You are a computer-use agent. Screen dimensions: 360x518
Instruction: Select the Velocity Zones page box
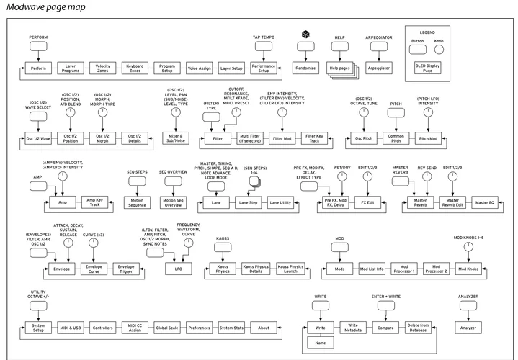click(103, 68)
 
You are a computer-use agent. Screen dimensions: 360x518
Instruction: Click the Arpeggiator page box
click(378, 68)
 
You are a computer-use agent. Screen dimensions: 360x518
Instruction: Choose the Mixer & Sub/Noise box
click(172, 137)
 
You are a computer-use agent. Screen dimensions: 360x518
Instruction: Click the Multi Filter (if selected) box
click(254, 137)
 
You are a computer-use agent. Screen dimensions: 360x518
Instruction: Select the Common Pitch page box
click(396, 137)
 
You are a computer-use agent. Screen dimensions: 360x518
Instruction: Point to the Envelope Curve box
click(94, 269)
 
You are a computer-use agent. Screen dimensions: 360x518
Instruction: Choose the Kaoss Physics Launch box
click(290, 269)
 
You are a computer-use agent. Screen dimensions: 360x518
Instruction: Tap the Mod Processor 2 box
click(436, 269)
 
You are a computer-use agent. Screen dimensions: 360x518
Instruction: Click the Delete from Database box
click(419, 328)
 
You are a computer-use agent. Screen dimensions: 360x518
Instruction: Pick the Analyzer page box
click(468, 328)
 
